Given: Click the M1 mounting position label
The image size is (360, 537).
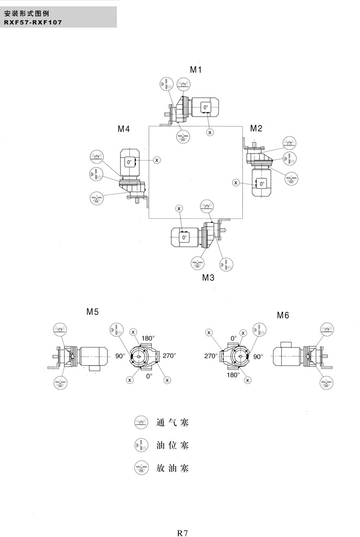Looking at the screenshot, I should (195, 70).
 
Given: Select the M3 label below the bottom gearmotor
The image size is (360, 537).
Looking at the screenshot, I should (208, 277).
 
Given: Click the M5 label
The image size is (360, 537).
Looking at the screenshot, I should (93, 312).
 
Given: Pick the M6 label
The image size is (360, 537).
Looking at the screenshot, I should (283, 315).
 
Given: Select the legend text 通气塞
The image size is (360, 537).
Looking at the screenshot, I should (172, 423).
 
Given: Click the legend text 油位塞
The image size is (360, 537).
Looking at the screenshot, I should (172, 445).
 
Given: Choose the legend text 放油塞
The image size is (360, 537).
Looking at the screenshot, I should (172, 467).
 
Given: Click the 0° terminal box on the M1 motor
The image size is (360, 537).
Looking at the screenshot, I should (205, 107).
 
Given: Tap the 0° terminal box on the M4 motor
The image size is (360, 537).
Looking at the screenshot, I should (129, 162).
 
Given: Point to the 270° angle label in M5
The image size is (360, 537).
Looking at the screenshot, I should (169, 356).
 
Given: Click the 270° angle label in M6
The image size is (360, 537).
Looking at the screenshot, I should (211, 357).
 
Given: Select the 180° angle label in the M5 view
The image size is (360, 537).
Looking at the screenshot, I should (147, 338).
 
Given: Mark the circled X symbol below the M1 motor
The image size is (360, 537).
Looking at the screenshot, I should (210, 131).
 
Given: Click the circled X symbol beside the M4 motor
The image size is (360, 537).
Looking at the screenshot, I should (157, 159).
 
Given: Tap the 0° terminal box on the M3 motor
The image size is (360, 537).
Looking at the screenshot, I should (184, 237).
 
